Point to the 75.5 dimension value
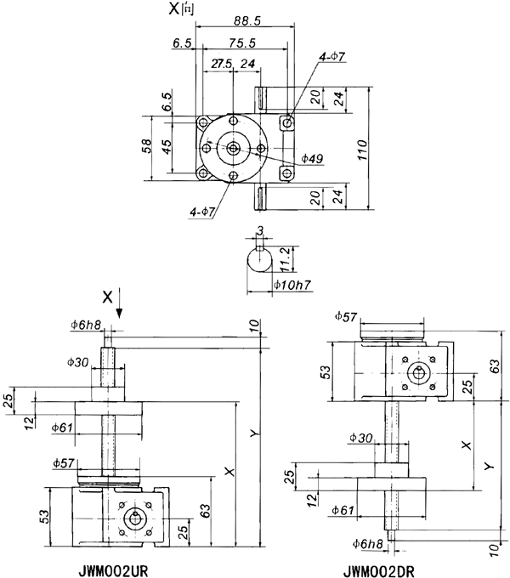pos(243,42)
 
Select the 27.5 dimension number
pos(221,63)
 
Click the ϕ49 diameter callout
pos(311,159)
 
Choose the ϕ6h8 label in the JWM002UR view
pos(86,324)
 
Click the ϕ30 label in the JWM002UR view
pos(79,362)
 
